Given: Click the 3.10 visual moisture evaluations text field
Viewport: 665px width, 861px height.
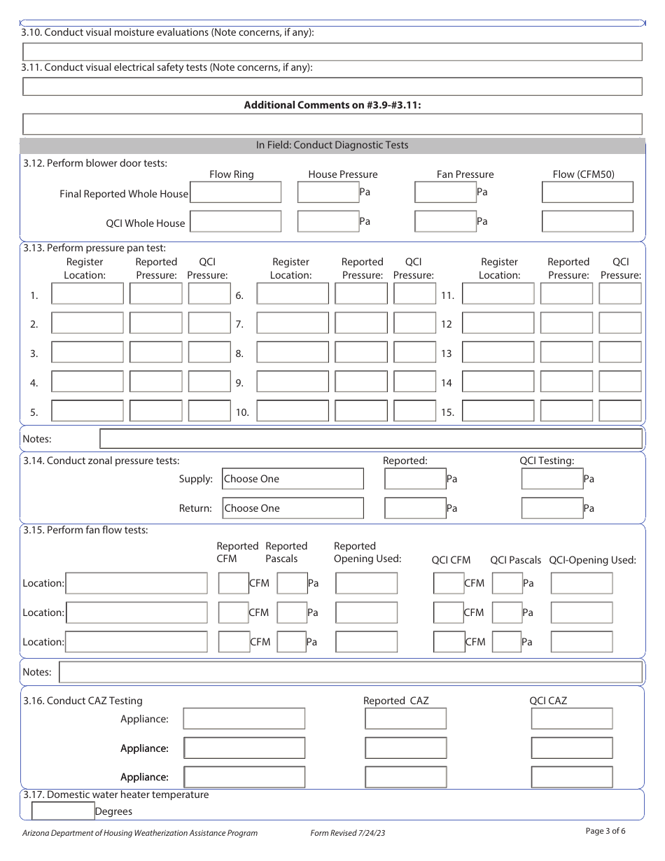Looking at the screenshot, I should [x=332, y=52].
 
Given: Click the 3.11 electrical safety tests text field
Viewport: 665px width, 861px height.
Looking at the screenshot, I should [x=332, y=86].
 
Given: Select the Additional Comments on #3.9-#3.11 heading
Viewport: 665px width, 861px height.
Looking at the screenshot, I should [x=332, y=105].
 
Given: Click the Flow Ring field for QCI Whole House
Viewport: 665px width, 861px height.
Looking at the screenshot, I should [x=236, y=222].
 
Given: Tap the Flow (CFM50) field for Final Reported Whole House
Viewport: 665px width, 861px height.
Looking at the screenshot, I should [x=587, y=192].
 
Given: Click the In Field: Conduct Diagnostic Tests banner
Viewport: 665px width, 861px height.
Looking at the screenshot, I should [x=332, y=146].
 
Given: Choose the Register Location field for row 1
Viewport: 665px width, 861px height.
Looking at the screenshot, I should [x=87, y=294].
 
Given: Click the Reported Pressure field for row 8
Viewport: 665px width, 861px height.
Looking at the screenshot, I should [x=360, y=353].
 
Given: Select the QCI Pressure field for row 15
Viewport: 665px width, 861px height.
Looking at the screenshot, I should [x=619, y=411].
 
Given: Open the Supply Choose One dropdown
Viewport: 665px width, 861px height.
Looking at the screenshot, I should [x=293, y=479].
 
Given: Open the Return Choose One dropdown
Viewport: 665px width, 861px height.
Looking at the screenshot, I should [x=293, y=508].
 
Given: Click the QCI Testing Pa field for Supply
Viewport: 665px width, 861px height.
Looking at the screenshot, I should [x=552, y=479].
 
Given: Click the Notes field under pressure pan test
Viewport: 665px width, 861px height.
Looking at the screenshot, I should [x=371, y=439].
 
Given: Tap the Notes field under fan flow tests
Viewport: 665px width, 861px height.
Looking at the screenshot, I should [x=351, y=672].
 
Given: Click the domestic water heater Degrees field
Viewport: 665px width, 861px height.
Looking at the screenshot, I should [x=63, y=811].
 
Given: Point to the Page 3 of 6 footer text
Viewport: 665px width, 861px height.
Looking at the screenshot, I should [x=605, y=832].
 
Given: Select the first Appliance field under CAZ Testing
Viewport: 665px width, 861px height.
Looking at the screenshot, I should [x=244, y=719].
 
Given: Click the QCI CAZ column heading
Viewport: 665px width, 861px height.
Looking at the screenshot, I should [x=548, y=701].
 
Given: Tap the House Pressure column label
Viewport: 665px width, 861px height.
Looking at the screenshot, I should [x=343, y=174].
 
